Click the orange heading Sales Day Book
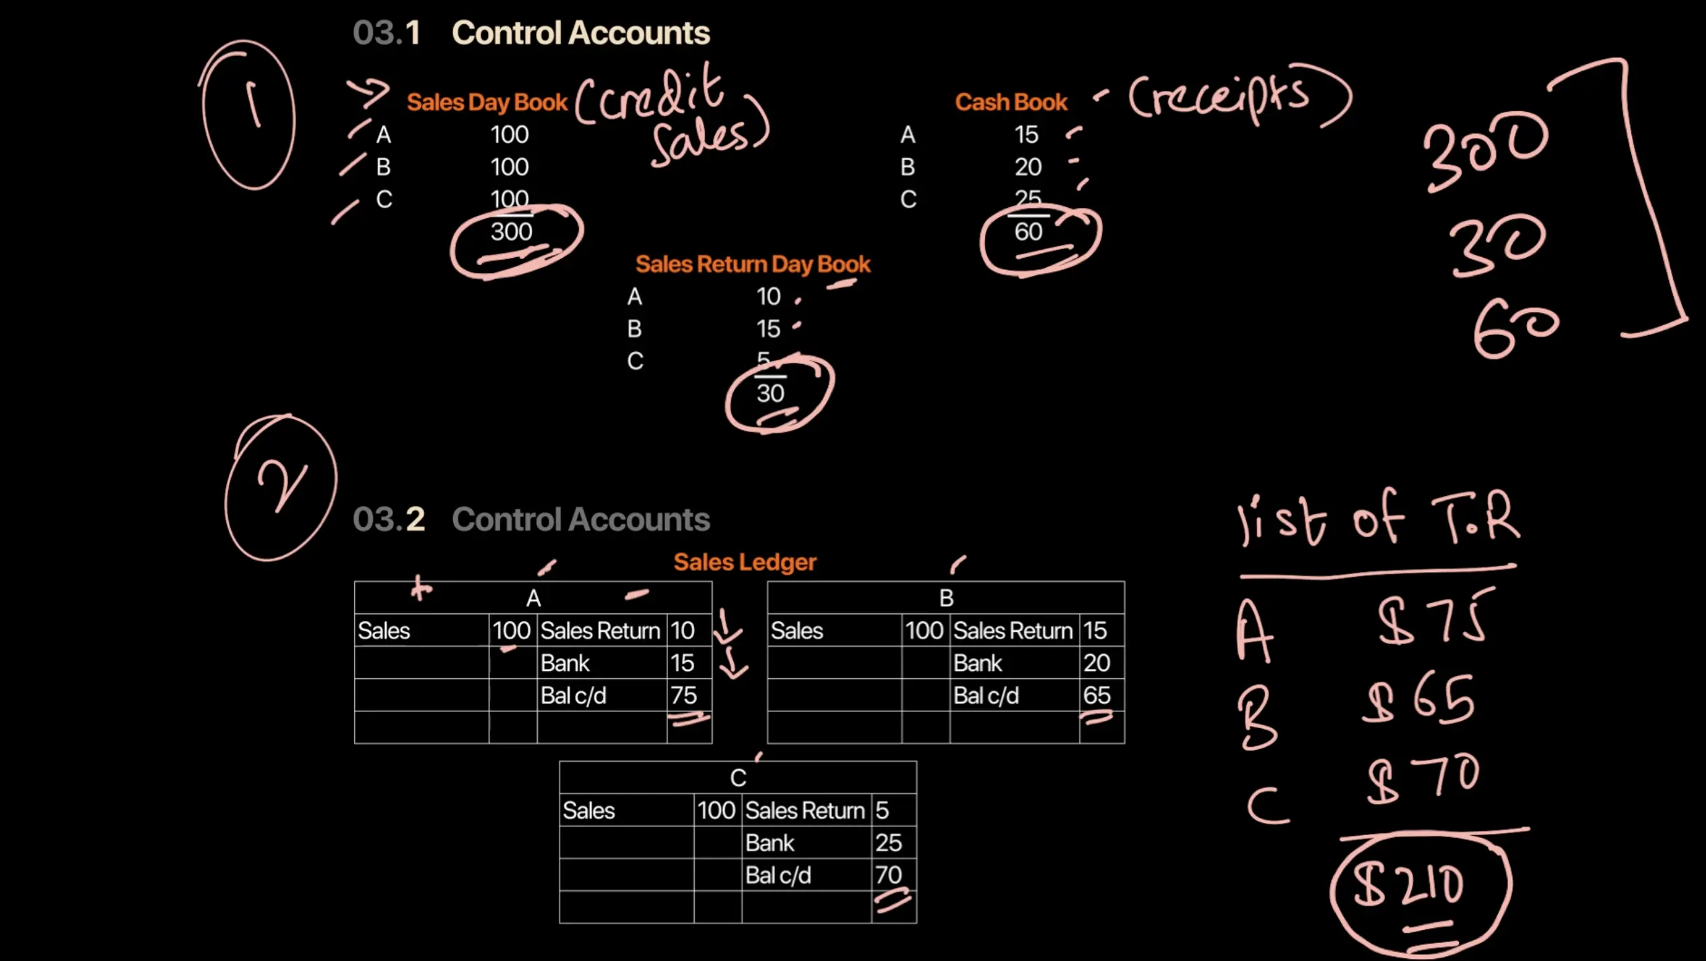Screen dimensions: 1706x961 tap(487, 102)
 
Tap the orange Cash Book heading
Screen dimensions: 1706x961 tap(1011, 102)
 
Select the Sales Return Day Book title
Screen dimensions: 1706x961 tap(752, 264)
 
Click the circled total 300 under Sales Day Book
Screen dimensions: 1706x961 tap(511, 232)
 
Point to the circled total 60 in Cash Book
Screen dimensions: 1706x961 tap(1028, 232)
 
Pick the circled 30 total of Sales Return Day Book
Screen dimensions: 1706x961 tap(770, 394)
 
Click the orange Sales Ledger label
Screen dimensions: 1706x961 tap(745, 562)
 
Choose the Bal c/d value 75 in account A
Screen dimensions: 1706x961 tap(683, 695)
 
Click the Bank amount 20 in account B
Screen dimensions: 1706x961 tap(1096, 663)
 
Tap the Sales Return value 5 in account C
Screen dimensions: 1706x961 tap(882, 810)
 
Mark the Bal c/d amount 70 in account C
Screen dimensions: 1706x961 tap(888, 875)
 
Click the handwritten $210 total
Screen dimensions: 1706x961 tap(1410, 884)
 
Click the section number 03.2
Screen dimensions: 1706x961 tap(388, 520)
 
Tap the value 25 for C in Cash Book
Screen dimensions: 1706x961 tap(1027, 198)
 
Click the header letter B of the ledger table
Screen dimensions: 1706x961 tap(946, 598)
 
